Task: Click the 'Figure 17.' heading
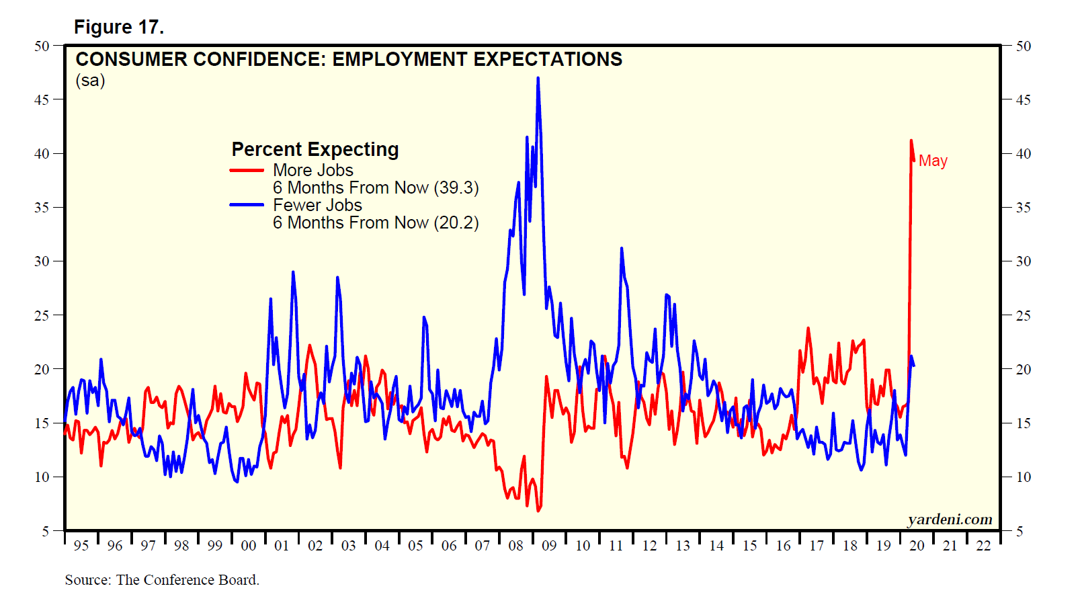119,27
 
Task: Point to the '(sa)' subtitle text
90,81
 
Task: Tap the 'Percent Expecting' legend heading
315,149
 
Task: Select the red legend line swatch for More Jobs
247,170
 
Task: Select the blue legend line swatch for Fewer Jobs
247,205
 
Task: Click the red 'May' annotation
933,161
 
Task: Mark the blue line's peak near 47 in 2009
538,78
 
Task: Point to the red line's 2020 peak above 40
911,140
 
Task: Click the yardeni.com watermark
950,519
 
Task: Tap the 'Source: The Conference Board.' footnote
162,580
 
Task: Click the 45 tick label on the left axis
42,99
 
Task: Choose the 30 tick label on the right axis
1023,261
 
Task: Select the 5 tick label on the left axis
46,531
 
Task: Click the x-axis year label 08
515,546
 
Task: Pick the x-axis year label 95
81,546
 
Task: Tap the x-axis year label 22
983,546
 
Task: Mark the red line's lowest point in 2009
538,511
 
